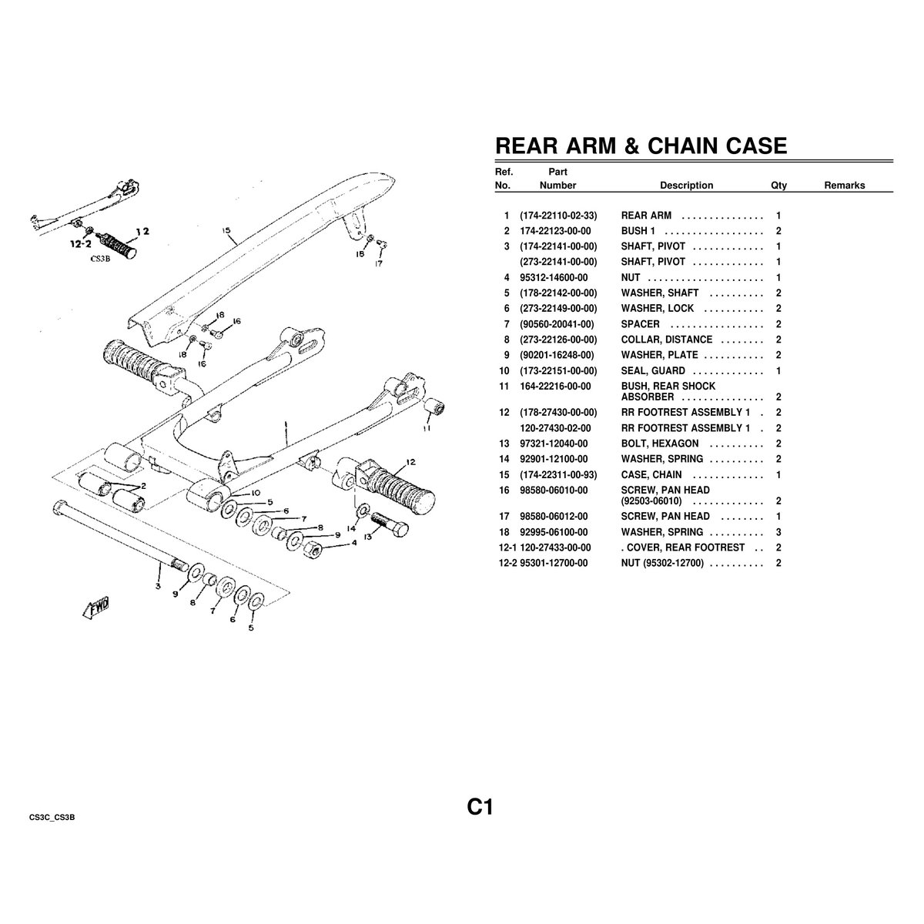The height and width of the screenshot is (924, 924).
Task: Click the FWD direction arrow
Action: point(96,608)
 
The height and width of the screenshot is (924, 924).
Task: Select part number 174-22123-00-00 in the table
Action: point(555,231)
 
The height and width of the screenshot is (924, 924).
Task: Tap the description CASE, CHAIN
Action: point(651,475)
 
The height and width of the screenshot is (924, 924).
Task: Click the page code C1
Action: point(480,807)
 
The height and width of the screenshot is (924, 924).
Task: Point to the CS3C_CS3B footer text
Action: point(52,818)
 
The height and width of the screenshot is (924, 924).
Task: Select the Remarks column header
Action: point(845,185)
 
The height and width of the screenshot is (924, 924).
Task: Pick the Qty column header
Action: point(778,185)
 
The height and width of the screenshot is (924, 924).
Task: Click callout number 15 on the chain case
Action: point(226,230)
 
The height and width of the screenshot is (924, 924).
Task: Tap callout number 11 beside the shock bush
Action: point(427,427)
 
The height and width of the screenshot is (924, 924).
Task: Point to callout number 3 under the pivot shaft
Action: point(159,586)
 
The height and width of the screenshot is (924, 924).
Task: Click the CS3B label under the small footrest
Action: point(100,259)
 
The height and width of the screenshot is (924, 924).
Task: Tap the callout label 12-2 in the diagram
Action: point(80,243)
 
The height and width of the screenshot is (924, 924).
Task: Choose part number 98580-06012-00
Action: point(554,517)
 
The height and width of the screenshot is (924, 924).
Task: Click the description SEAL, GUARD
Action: point(653,370)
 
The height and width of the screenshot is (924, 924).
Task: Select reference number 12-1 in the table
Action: point(507,547)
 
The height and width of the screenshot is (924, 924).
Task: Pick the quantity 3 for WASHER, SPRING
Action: point(778,532)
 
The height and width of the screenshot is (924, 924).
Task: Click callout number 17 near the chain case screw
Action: point(378,263)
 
